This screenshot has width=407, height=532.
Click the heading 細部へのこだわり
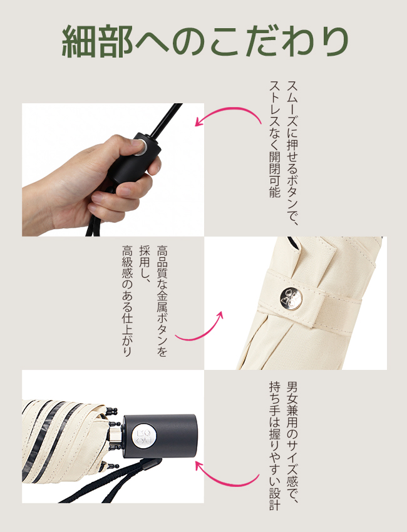[205, 41]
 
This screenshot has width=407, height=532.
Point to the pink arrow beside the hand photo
[231, 110]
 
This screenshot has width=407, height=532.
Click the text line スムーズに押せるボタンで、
[292, 153]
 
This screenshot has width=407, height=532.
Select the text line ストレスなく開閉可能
[275, 139]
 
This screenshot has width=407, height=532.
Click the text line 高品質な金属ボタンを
[162, 301]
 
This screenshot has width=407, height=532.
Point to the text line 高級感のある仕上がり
[127, 301]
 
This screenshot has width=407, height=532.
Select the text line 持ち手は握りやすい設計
[275, 446]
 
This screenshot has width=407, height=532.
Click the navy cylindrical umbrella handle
[160, 436]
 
